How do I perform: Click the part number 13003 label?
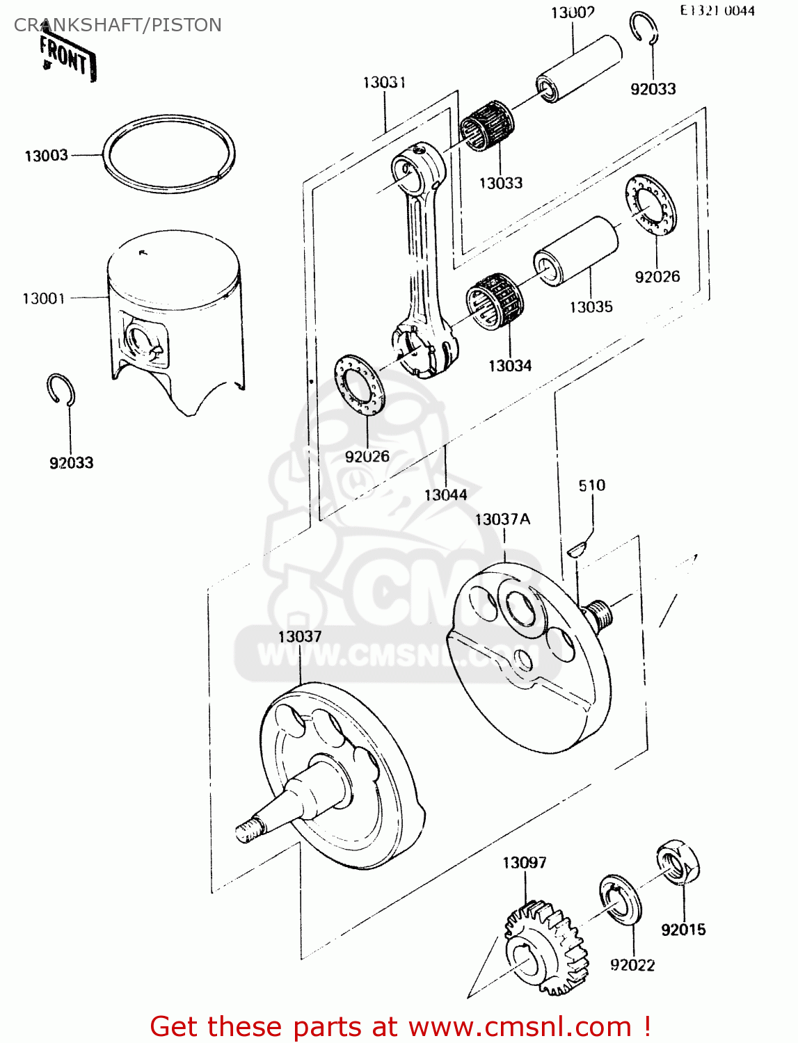click(x=47, y=156)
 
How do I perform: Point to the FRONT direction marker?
click(x=67, y=58)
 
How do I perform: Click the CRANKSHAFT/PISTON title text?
click(x=118, y=25)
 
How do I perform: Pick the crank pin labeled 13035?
click(x=576, y=251)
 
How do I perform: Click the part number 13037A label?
click(x=502, y=519)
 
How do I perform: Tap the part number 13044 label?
click(x=445, y=495)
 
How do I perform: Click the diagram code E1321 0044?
click(x=717, y=10)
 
